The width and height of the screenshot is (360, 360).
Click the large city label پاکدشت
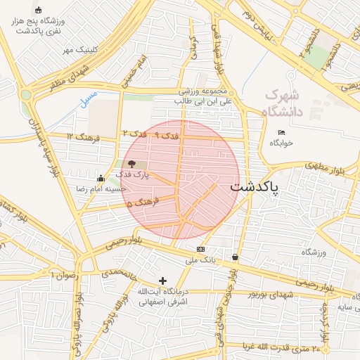255,188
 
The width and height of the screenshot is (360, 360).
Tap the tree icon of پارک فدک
133,164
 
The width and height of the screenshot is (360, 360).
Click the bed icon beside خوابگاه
281,132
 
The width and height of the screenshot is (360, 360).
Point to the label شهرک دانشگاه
283,103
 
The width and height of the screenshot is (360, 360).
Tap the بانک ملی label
200,260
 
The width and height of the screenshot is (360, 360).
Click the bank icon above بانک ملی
201,249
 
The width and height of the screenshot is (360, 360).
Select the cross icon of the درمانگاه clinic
164,281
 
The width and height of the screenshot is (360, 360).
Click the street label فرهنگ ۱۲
79,135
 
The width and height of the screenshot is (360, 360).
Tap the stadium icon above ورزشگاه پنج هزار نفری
38,10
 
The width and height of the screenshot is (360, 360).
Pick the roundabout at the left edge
27,94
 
